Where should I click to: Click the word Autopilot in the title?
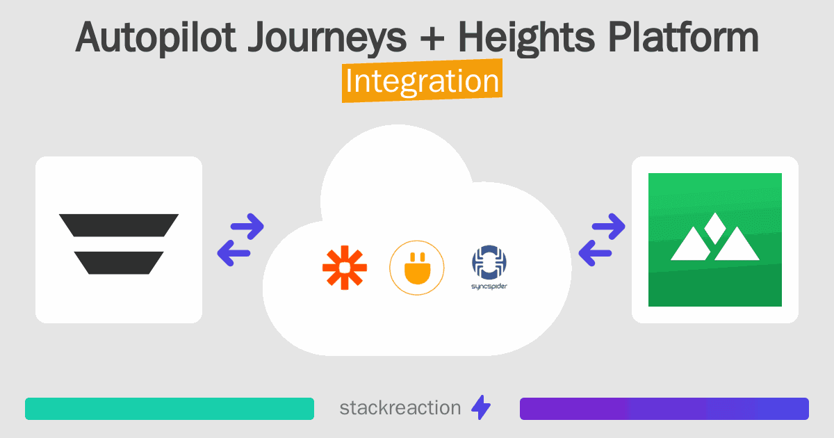pyautogui.click(x=156, y=38)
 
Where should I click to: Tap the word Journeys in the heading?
pyautogui.click(x=327, y=38)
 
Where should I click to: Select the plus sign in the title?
pyautogui.click(x=432, y=38)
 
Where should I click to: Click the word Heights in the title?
pyautogui.click(x=526, y=38)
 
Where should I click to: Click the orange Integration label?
pyautogui.click(x=423, y=81)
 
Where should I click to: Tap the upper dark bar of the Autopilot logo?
pyautogui.click(x=119, y=225)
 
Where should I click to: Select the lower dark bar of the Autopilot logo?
pyautogui.click(x=119, y=263)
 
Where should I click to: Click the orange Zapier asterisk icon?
pyautogui.click(x=345, y=268)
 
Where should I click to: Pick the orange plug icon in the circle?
pyautogui.click(x=417, y=268)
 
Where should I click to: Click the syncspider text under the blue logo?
pyautogui.click(x=489, y=286)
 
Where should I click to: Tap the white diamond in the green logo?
pyautogui.click(x=715, y=228)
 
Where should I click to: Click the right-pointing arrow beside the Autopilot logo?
pyautogui.click(x=247, y=226)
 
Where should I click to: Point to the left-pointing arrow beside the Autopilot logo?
pyautogui.click(x=234, y=253)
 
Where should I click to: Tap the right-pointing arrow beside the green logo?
pyautogui.click(x=609, y=226)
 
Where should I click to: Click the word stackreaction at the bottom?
pyautogui.click(x=400, y=408)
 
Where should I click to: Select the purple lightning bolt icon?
pyautogui.click(x=481, y=407)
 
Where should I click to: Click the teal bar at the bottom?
pyautogui.click(x=170, y=409)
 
